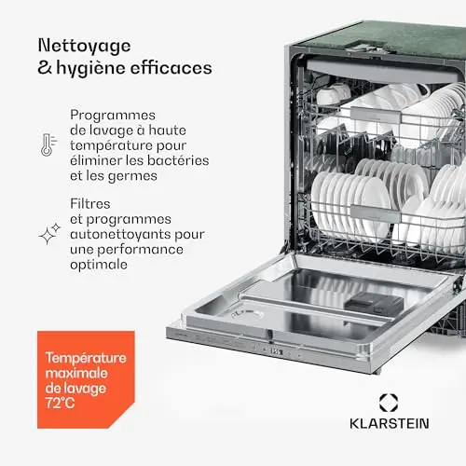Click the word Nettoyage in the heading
[x=84, y=47]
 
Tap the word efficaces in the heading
[x=171, y=68]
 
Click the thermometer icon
[x=48, y=144]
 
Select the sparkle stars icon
[x=49, y=234]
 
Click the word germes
[x=132, y=176]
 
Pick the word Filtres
[x=90, y=204]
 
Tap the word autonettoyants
[x=120, y=234]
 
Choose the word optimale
[x=99, y=265]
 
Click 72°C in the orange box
[x=61, y=403]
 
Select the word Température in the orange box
[x=86, y=358]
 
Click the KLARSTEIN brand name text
[x=390, y=423]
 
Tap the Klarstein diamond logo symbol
[x=389, y=403]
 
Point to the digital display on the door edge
[x=276, y=351]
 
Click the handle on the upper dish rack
[x=376, y=115]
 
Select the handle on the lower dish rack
[x=376, y=212]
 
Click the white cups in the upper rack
[x=333, y=93]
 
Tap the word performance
[x=141, y=250]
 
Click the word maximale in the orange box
[x=76, y=373]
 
